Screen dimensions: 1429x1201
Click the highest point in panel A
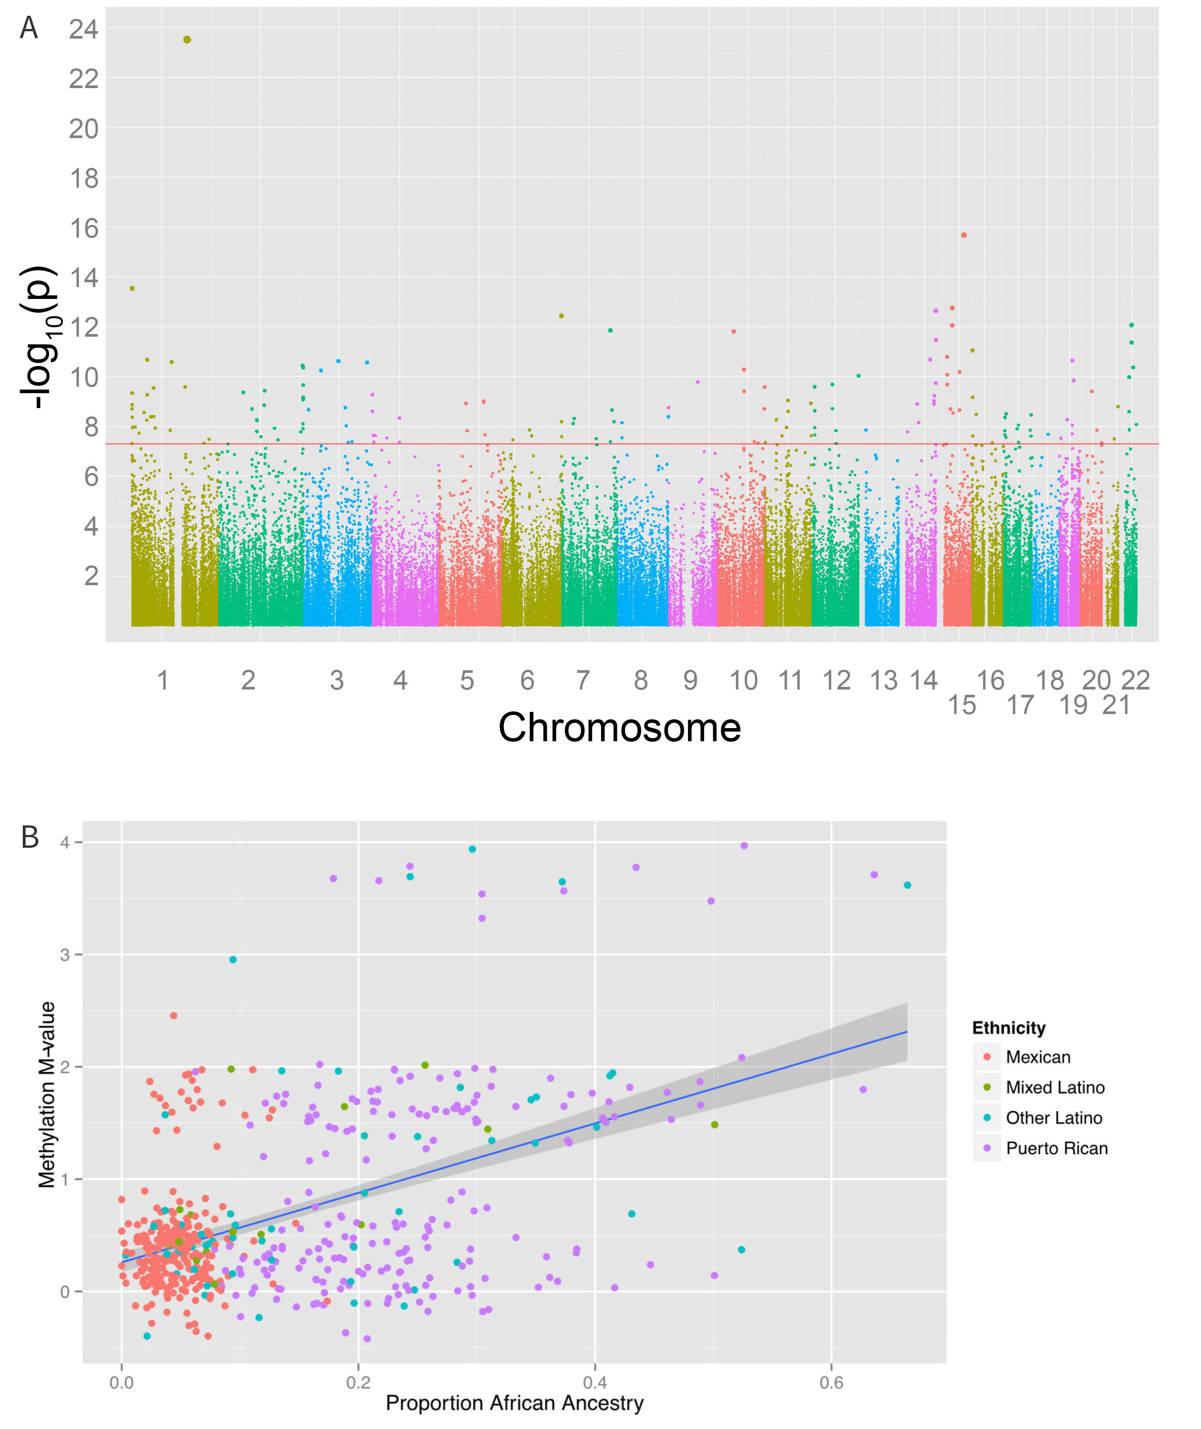tap(187, 39)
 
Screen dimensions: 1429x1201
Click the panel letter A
tap(28, 28)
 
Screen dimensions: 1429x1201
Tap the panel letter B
tap(30, 837)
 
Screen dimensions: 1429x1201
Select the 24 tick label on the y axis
tap(84, 29)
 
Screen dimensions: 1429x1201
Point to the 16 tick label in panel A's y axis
tap(84, 228)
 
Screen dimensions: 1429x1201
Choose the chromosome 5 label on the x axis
tap(467, 680)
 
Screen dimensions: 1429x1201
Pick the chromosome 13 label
tap(884, 680)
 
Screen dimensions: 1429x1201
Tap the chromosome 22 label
tap(1136, 680)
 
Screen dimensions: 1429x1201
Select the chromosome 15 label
tap(962, 705)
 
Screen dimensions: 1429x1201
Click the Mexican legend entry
tap(1038, 1057)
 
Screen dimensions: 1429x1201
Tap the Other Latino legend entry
tap(1054, 1118)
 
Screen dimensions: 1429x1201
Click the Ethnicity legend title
tap(1008, 1028)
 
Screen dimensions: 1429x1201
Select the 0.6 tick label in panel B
tap(831, 1382)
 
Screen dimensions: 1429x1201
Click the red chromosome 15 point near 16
tap(964, 235)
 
